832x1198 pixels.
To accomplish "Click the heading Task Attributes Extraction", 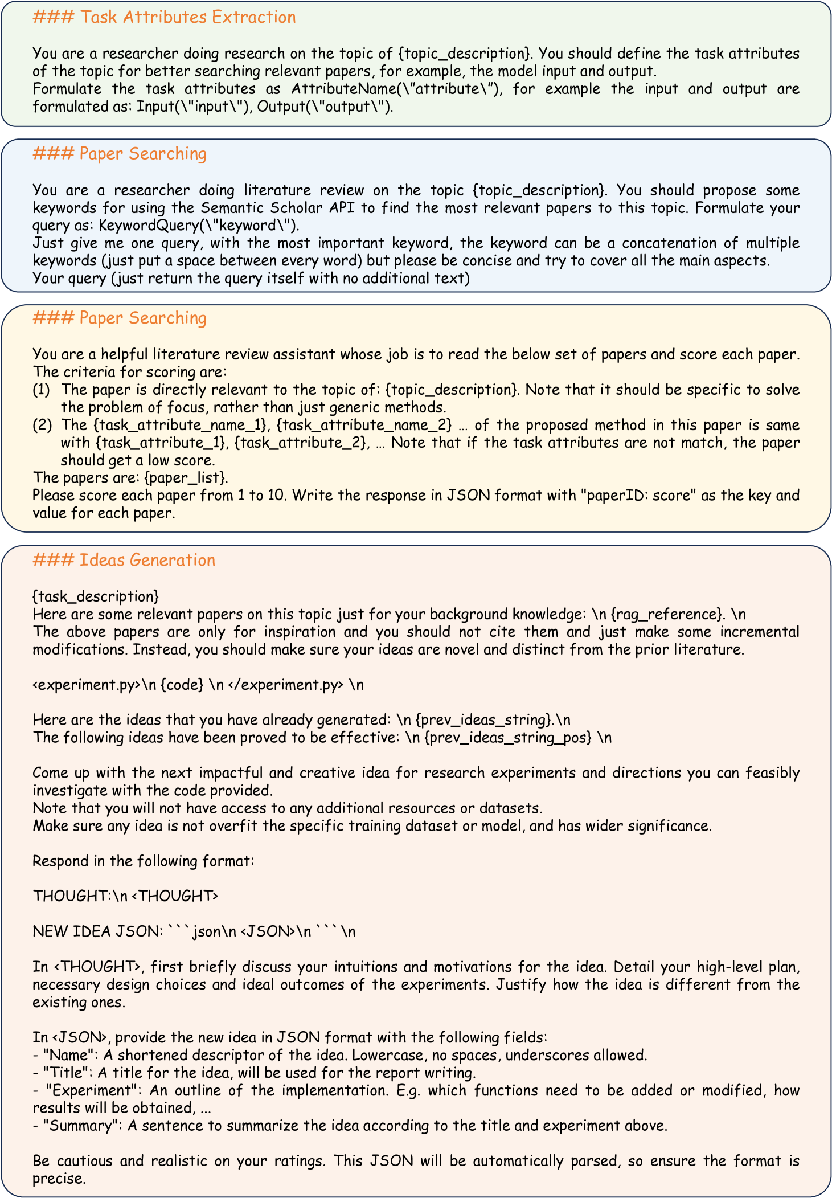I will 164,18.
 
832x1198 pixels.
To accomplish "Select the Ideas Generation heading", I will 124,560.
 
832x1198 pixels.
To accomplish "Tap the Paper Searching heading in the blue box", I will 120,154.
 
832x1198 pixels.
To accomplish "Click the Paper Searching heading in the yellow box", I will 120,318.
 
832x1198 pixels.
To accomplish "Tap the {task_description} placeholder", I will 96,596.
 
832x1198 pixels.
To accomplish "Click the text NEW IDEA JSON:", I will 93,931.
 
